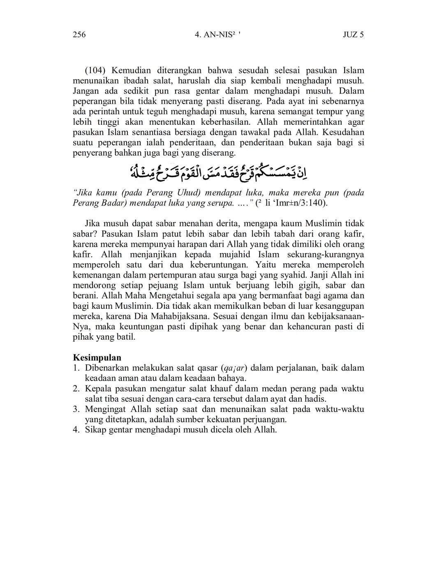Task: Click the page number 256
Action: click(79, 35)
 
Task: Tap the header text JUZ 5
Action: click(353, 35)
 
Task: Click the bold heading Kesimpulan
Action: click(97, 357)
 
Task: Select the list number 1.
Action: click(76, 368)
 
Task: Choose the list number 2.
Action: click(76, 389)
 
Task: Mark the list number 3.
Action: click(76, 409)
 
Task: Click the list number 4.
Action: click(76, 430)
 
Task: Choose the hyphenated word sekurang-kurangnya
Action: click(326, 254)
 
